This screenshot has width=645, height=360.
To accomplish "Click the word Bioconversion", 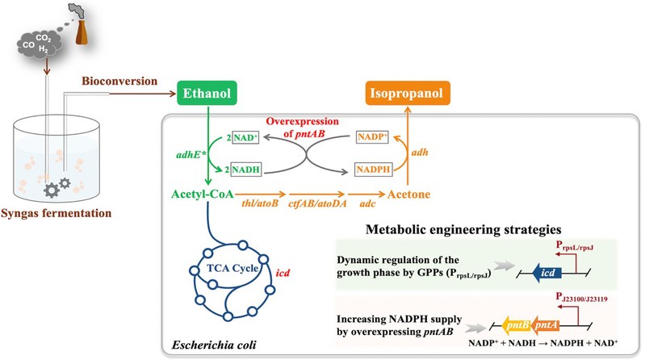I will [x=116, y=84].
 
